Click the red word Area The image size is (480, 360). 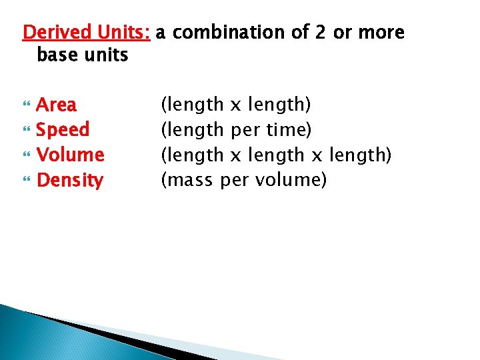coord(56,105)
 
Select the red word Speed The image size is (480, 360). coord(63,129)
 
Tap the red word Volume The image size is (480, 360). coord(70,155)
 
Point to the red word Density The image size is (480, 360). coord(70,180)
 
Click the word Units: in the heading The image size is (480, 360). coord(125,32)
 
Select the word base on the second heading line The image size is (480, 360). coord(56,55)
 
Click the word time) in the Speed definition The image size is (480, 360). coord(288,129)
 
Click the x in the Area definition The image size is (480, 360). coord(235,105)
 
